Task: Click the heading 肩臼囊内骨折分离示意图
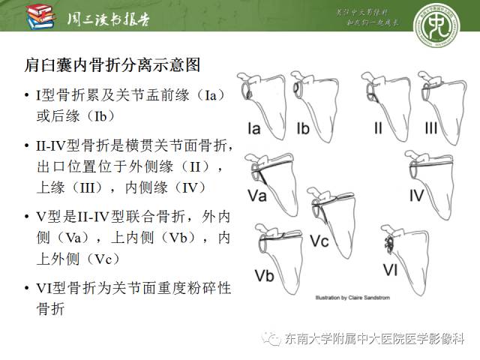pyautogui.click(x=112, y=65)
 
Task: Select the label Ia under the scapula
pyautogui.click(x=254, y=129)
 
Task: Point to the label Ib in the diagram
pyautogui.click(x=303, y=129)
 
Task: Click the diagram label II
pyautogui.click(x=379, y=129)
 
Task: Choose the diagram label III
pyautogui.click(x=431, y=129)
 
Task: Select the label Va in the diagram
pyautogui.click(x=259, y=196)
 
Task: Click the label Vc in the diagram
pyautogui.click(x=319, y=241)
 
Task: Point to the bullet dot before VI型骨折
pyautogui.click(x=28, y=288)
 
